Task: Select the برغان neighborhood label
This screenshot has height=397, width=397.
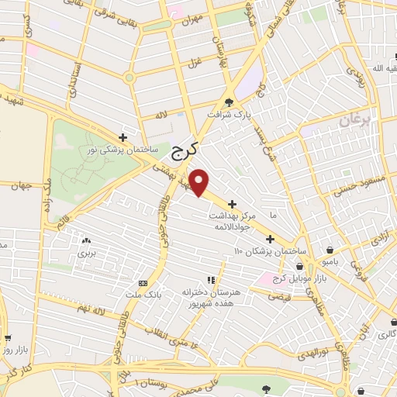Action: (x=357, y=120)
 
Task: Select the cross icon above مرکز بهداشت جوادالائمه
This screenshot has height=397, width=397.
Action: (x=232, y=203)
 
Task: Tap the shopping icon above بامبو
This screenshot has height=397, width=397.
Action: (x=332, y=250)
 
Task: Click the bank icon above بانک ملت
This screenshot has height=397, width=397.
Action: (x=143, y=282)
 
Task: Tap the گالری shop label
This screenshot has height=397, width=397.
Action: (x=385, y=336)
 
